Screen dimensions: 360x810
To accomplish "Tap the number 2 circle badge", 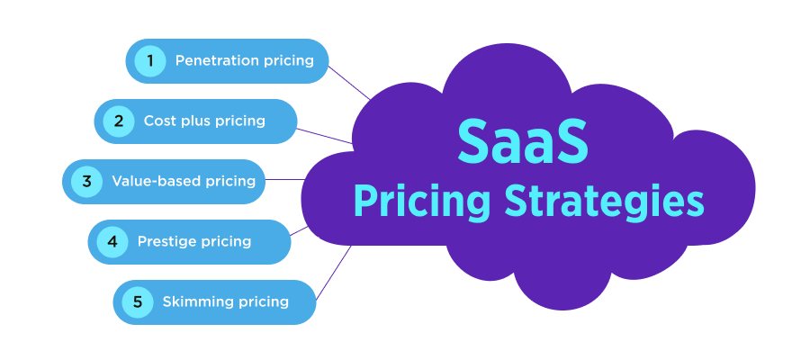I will [x=118, y=121].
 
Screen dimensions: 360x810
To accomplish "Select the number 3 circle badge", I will [x=86, y=181].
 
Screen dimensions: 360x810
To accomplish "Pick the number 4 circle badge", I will [x=112, y=241].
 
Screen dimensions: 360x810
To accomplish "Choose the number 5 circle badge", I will [x=138, y=301].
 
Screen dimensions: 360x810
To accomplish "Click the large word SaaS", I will [x=523, y=141].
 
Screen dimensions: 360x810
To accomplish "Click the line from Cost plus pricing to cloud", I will [x=324, y=135].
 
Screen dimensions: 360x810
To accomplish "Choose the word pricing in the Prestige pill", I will [x=226, y=241].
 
